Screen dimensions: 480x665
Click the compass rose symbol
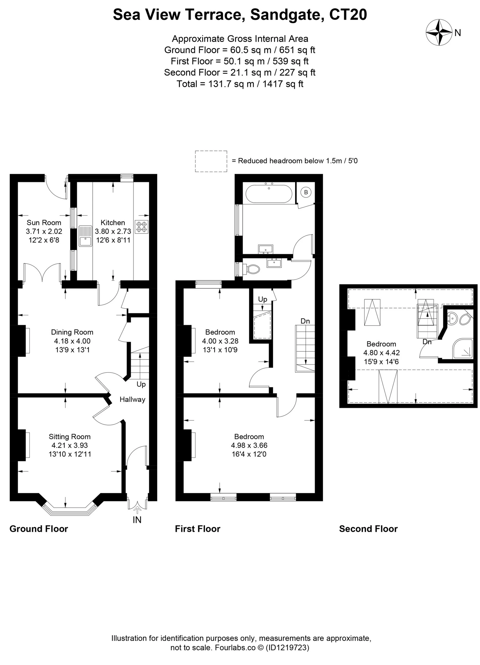click(439, 32)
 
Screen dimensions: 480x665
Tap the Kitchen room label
click(113, 223)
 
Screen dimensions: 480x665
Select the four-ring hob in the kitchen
click(142, 227)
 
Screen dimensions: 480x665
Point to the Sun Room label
click(44, 223)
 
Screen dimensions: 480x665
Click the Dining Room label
click(72, 332)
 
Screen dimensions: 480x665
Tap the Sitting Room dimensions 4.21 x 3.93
click(69, 445)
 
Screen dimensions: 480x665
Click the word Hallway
click(132, 399)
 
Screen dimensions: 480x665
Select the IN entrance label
click(137, 520)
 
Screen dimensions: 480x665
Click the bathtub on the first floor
click(269, 194)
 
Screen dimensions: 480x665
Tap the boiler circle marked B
click(306, 192)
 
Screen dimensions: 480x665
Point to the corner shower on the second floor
click(463, 349)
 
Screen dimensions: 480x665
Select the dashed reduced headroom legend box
click(211, 161)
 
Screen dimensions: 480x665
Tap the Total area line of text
click(240, 84)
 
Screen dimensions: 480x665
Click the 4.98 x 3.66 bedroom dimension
click(249, 445)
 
